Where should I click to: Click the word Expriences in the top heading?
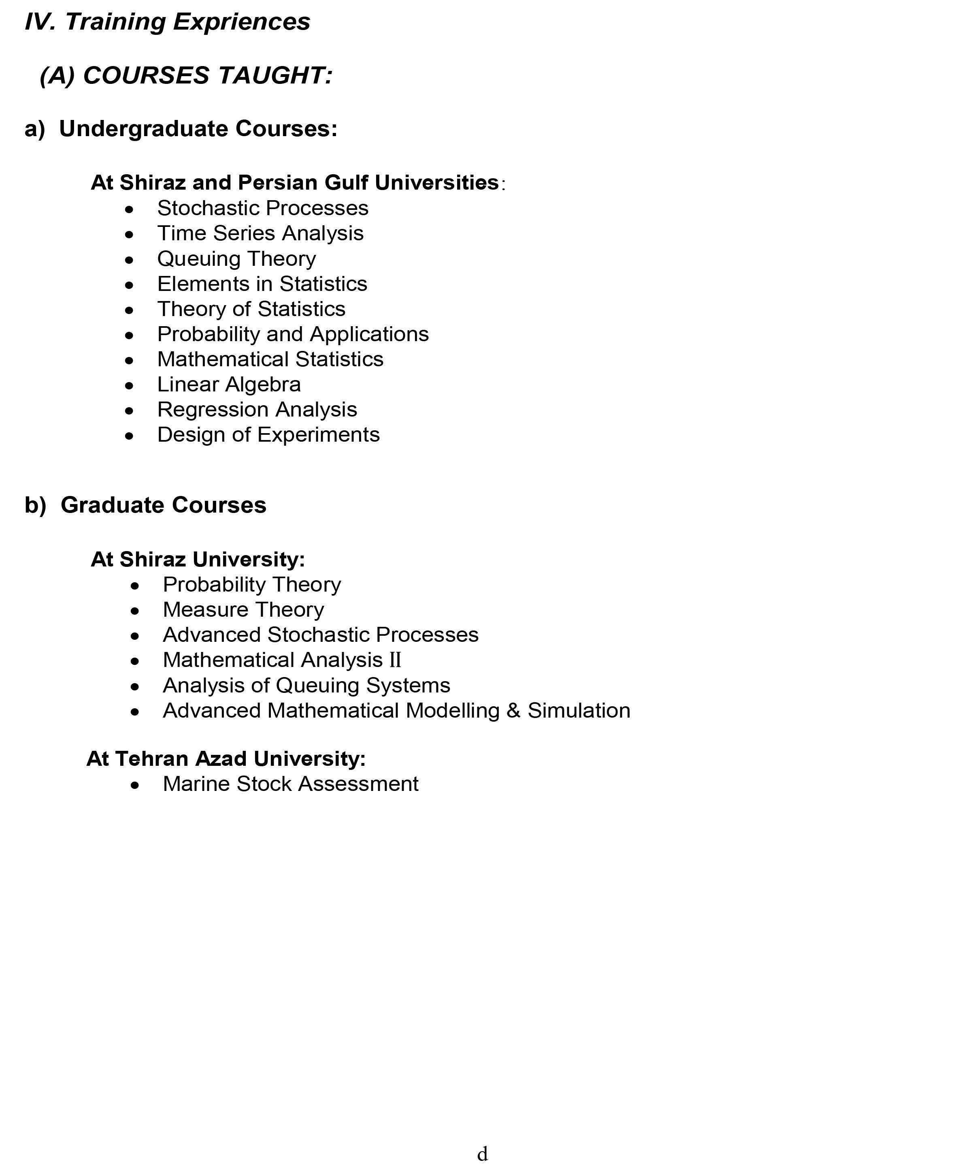(x=241, y=22)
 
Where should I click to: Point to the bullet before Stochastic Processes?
(x=129, y=209)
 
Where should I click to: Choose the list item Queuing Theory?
(x=236, y=259)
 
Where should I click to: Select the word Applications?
(x=369, y=334)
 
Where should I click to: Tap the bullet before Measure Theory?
(x=135, y=611)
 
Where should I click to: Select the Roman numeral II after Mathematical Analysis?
(x=395, y=660)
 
